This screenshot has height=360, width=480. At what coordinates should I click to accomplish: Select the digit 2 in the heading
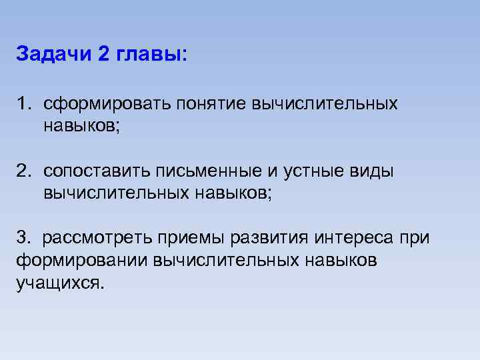pos(104,54)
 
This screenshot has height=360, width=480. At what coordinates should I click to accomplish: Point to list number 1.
pos(25,105)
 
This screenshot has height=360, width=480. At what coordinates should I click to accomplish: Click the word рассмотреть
pos(98,238)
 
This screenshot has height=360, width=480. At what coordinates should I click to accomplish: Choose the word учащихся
pos(60,282)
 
